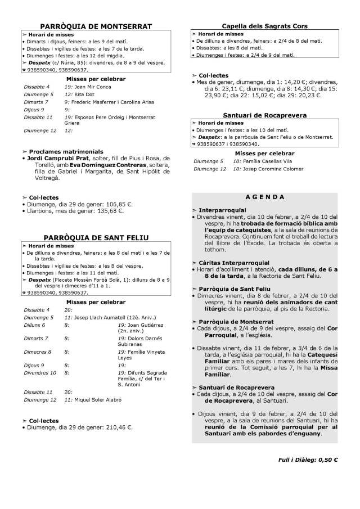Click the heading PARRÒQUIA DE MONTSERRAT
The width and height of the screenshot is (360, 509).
tap(97, 26)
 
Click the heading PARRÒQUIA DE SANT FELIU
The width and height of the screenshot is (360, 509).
tap(96, 238)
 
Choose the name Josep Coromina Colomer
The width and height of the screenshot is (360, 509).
tap(273, 168)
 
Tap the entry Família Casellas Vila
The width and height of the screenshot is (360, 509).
tap(267, 161)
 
